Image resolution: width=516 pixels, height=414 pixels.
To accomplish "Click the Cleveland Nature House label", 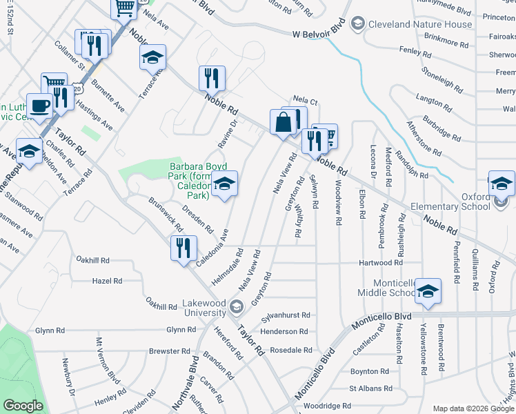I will tap(420, 24).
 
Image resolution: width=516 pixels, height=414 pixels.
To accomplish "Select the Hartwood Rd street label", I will tap(380, 263).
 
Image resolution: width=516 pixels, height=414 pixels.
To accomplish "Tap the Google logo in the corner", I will tap(23, 406).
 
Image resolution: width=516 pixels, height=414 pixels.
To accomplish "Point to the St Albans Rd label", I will tap(370, 389).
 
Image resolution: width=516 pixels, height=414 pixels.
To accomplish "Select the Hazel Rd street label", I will tap(107, 281).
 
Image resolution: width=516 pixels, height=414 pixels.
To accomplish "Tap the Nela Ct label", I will tap(305, 101).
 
